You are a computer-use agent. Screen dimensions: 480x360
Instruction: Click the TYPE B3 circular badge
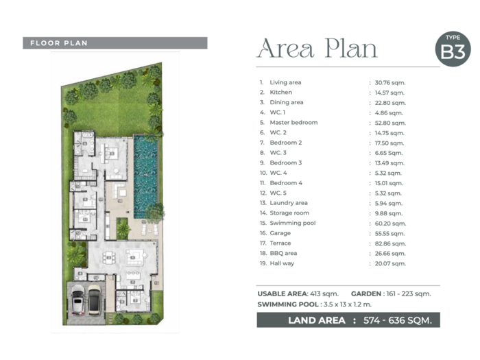click(453, 49)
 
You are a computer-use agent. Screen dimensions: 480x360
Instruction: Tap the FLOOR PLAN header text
click(59, 43)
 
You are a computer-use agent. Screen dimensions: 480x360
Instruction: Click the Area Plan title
click(317, 49)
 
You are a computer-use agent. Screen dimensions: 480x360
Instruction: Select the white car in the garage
click(77, 300)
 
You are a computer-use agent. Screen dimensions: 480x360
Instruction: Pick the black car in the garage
click(95, 300)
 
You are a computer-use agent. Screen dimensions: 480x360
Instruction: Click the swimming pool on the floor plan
click(145, 177)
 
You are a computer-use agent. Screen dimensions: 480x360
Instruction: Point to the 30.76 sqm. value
click(390, 83)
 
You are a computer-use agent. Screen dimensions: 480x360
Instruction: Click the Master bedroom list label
click(293, 123)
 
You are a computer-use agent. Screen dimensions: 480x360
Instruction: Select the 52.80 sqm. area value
click(390, 123)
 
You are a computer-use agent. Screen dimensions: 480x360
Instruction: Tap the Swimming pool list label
click(293, 223)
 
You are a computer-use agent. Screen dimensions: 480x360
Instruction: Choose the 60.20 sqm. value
click(390, 224)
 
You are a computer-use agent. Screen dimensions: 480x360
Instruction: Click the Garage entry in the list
click(280, 233)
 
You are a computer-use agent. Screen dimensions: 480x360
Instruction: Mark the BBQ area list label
click(283, 253)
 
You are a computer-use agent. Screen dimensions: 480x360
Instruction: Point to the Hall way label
click(282, 263)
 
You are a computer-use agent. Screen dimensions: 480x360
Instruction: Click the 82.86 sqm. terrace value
click(390, 243)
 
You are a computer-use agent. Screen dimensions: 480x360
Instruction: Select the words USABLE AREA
click(283, 294)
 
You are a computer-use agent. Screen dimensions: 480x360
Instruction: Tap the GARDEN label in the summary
click(365, 294)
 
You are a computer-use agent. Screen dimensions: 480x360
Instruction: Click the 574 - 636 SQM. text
click(397, 320)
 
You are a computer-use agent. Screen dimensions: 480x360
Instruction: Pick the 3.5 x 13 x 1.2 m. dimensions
click(348, 304)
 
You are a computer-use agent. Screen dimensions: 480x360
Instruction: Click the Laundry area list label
click(289, 203)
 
